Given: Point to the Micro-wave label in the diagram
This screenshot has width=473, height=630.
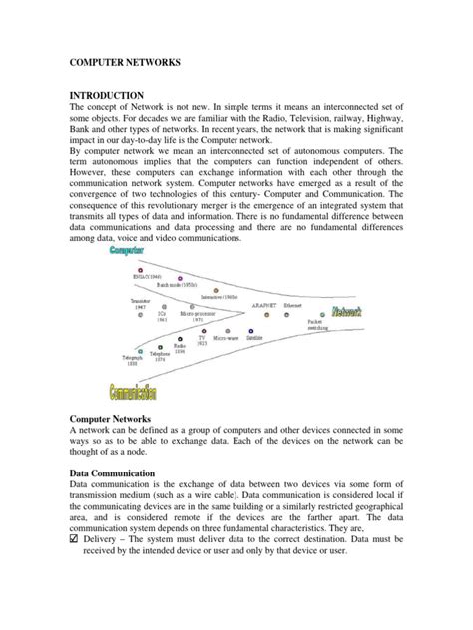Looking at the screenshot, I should coord(228,338).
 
